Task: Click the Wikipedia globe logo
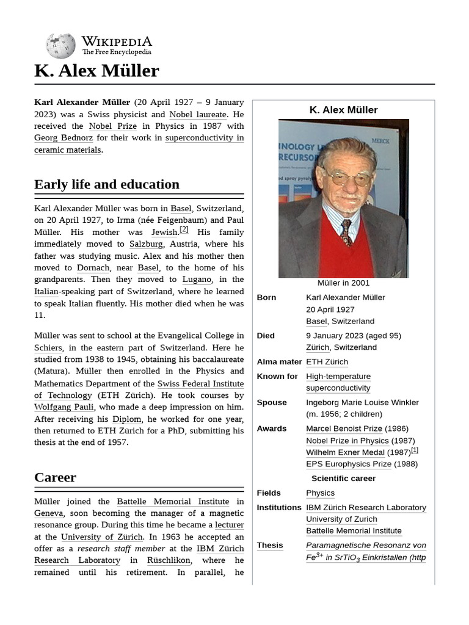click(x=60, y=46)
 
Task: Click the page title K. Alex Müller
click(x=96, y=71)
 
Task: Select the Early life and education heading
click(x=107, y=184)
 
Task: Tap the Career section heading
click(x=55, y=477)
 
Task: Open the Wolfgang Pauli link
click(x=64, y=407)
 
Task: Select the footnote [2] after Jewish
click(x=184, y=230)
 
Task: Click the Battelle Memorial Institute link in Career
click(x=173, y=502)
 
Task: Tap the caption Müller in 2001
click(x=343, y=283)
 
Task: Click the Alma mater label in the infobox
click(x=279, y=362)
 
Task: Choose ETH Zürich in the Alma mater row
click(x=327, y=362)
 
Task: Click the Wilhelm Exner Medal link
click(x=345, y=452)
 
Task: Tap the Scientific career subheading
click(x=343, y=479)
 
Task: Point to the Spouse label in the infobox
click(x=272, y=403)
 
